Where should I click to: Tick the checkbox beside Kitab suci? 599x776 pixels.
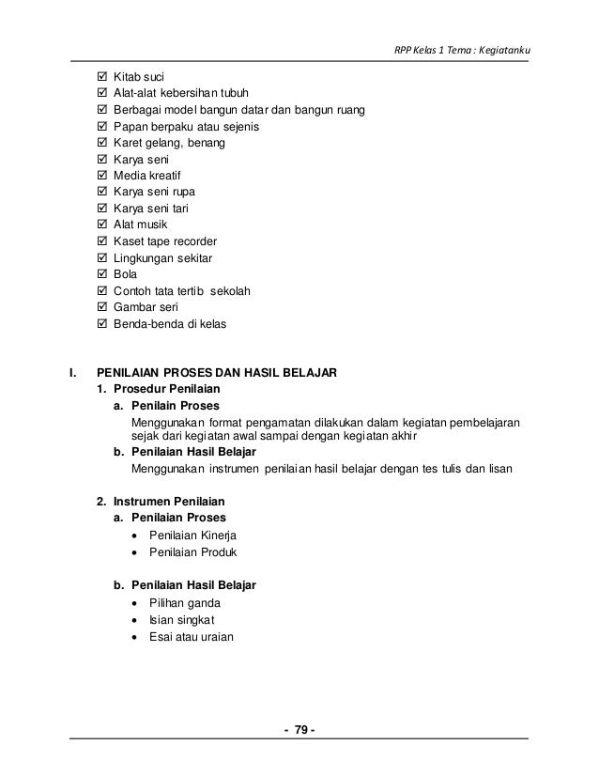(102, 76)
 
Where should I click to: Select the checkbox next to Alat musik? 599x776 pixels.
(102, 226)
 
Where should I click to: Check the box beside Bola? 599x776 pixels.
(102, 274)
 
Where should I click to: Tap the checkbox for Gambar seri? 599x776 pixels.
(102, 307)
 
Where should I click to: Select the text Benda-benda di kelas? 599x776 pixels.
(170, 324)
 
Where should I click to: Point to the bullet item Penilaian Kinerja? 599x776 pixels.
(192, 535)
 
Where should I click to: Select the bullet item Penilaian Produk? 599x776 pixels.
(193, 551)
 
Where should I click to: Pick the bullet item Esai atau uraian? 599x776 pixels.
(192, 636)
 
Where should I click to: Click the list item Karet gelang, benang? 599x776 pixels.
(169, 143)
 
